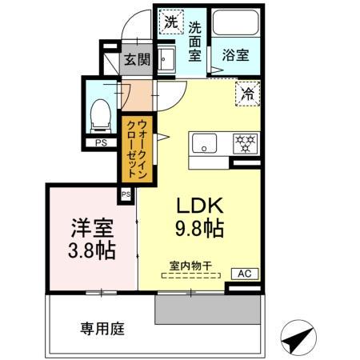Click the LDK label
pos(199,203)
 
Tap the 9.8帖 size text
pos(199,228)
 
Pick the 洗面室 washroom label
pos(194,40)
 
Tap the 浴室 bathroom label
pos(234,56)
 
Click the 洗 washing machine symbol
pos(170,22)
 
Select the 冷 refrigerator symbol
pos(246,95)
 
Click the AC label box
pos(245,274)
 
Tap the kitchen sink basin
pos(203,144)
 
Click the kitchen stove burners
pos(243,144)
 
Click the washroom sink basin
pos(167,60)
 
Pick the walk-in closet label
pos(134,148)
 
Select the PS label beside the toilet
pos(101,143)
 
